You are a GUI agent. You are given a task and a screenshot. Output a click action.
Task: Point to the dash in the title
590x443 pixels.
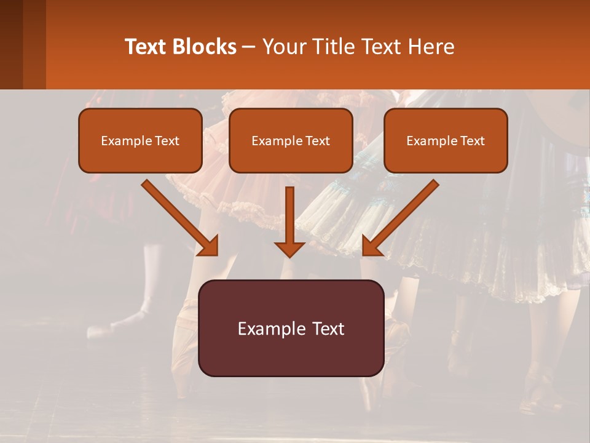(249, 47)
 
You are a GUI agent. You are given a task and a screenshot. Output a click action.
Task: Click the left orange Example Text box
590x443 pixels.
(140, 140)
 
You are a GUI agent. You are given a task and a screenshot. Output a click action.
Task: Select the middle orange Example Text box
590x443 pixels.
(291, 140)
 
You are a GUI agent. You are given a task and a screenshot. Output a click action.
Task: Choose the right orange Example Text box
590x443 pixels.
(446, 140)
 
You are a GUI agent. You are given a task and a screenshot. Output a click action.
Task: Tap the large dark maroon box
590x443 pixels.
(291, 328)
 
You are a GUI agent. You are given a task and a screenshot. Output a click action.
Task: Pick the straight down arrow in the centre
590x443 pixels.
(289, 218)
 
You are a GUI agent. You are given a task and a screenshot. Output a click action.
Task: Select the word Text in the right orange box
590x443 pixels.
(472, 141)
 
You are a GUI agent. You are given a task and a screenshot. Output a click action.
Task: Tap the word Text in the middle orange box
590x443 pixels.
(317, 141)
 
